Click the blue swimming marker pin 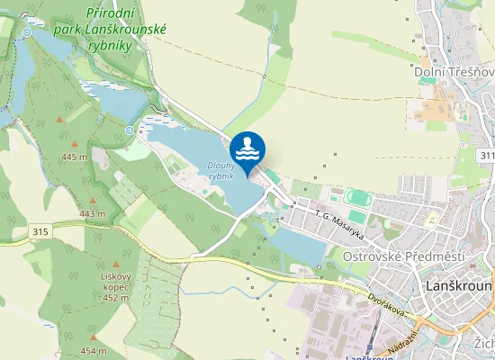point(247,149)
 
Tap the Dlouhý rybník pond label point(220,171)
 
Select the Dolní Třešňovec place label point(454,71)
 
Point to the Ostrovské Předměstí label point(404,256)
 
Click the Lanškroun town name point(457,285)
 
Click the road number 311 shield point(488,157)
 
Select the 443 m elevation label point(92,213)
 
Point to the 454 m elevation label point(94,350)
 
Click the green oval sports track point(358,198)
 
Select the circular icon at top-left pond point(27,32)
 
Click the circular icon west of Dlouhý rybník point(130,130)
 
